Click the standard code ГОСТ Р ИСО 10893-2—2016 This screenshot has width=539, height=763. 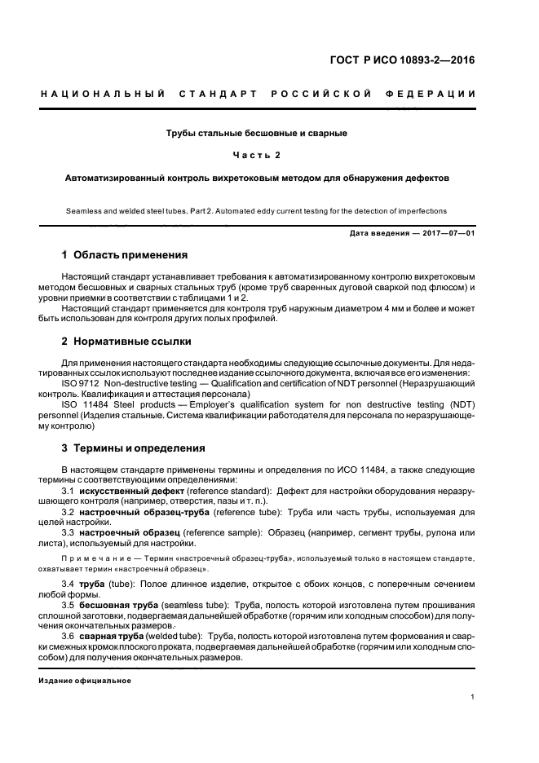coord(413,60)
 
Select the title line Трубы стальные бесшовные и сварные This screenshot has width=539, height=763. coord(257,132)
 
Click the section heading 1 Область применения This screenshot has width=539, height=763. coord(125,255)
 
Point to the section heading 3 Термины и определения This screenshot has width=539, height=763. coord(134,448)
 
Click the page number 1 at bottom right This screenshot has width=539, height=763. coord(473,697)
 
